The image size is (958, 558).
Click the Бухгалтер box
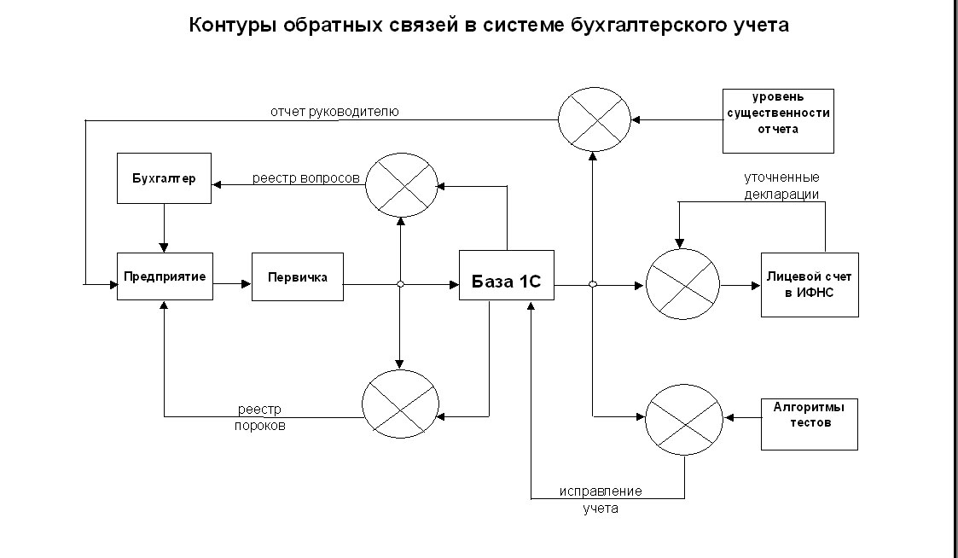click(x=164, y=179)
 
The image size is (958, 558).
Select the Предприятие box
click(x=164, y=276)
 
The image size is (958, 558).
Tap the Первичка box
click(x=298, y=276)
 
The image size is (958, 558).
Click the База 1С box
click(x=507, y=275)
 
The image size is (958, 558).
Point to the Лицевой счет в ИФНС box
click(x=810, y=284)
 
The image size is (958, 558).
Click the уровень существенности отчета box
click(x=778, y=120)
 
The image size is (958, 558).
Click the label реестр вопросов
click(x=305, y=178)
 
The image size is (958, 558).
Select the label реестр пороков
click(x=260, y=417)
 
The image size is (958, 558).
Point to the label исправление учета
click(x=601, y=500)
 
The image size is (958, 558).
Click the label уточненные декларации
click(x=781, y=185)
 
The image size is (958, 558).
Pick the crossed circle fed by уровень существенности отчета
click(x=595, y=120)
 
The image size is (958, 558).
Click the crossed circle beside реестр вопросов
click(x=401, y=184)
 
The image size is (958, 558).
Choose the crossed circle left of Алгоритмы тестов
click(x=683, y=418)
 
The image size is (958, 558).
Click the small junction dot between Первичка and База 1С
click(x=400, y=284)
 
